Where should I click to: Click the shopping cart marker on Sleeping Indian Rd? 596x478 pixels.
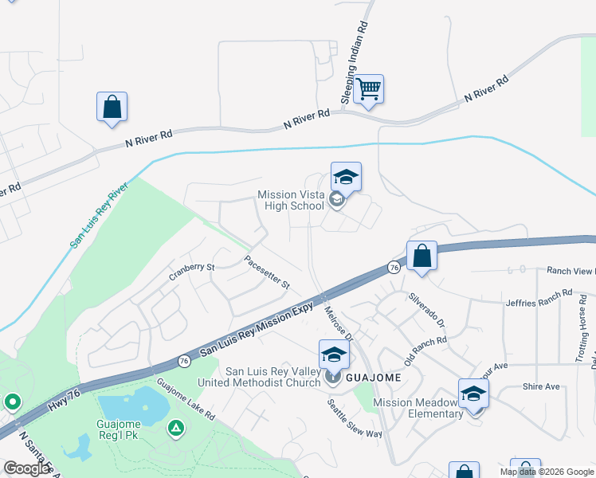369,89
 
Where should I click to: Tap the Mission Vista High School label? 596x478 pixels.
291,201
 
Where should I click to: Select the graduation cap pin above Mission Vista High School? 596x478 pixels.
347,177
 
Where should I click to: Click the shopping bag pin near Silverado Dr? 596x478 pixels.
422,256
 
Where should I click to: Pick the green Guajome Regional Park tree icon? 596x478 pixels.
176,429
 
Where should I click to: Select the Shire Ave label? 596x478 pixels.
542,387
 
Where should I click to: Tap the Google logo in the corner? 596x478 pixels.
27,468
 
